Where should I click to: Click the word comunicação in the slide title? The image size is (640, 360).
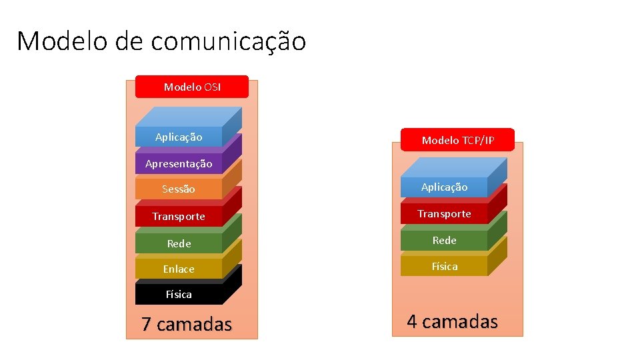pyautogui.click(x=228, y=42)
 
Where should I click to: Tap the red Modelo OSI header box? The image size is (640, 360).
pyautogui.click(x=192, y=87)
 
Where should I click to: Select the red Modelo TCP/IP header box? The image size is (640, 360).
pyautogui.click(x=458, y=140)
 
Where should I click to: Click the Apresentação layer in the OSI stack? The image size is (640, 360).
pyautogui.click(x=179, y=163)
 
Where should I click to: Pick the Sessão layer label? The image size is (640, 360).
pyautogui.click(x=179, y=189)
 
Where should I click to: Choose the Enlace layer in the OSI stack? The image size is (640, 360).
pyautogui.click(x=179, y=269)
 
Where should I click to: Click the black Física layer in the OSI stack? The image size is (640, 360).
pyautogui.click(x=179, y=294)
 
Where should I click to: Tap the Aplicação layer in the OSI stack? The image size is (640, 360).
pyautogui.click(x=178, y=137)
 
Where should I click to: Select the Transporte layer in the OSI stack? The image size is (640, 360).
pyautogui.click(x=179, y=216)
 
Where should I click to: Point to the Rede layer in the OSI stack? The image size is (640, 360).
pyautogui.click(x=179, y=243)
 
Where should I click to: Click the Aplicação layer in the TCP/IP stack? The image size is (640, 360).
pyautogui.click(x=444, y=187)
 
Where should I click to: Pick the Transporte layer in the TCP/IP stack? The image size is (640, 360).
pyautogui.click(x=444, y=213)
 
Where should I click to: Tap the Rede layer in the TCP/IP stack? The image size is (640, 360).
pyautogui.click(x=444, y=240)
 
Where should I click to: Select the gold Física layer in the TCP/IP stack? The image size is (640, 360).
pyautogui.click(x=444, y=266)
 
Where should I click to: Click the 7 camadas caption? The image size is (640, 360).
pyautogui.click(x=187, y=325)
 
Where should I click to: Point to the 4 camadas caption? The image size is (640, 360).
pyautogui.click(x=452, y=321)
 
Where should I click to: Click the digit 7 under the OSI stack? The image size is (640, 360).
pyautogui.click(x=147, y=325)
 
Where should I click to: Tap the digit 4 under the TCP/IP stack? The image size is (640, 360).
pyautogui.click(x=412, y=321)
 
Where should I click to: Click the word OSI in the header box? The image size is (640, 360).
pyautogui.click(x=212, y=87)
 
